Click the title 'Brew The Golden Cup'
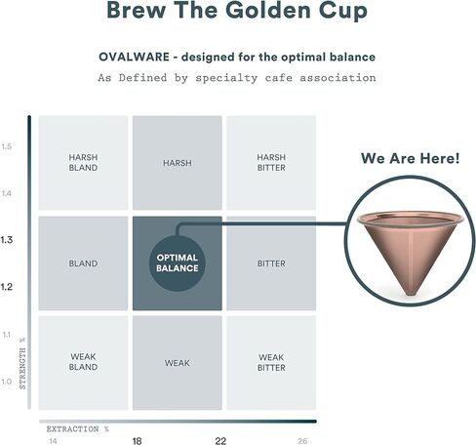(x=237, y=10)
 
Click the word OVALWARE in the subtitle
(x=134, y=57)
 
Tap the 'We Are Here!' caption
(x=411, y=158)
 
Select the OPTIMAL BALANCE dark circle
(x=178, y=263)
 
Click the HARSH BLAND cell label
(x=83, y=162)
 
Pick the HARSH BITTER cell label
(x=271, y=162)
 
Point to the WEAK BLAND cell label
(x=83, y=362)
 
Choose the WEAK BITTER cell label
(x=271, y=362)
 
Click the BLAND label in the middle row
(x=83, y=263)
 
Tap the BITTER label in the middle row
(x=271, y=263)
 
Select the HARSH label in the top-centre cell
(x=178, y=163)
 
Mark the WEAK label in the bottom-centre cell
(x=178, y=363)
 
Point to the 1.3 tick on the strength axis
(x=6, y=240)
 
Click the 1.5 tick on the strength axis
(x=7, y=146)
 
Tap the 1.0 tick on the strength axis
(x=7, y=382)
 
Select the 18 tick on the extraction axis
(x=138, y=441)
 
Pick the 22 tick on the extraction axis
(x=220, y=441)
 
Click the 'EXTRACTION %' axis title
(x=78, y=429)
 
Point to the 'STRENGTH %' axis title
(x=22, y=363)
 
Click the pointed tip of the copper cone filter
(x=412, y=295)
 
